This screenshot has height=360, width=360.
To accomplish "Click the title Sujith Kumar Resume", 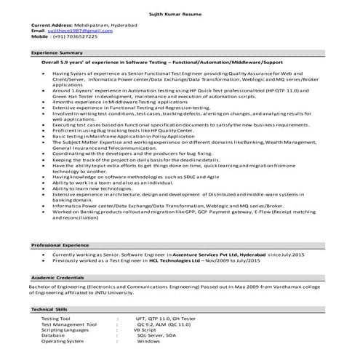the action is click(180, 14).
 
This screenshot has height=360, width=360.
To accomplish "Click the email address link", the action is click(72, 32).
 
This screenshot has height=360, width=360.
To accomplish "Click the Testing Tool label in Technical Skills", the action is click(56, 319).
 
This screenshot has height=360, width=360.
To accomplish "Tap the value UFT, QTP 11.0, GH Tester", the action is click(165, 319).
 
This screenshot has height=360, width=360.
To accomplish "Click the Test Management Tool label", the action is click(69, 324).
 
